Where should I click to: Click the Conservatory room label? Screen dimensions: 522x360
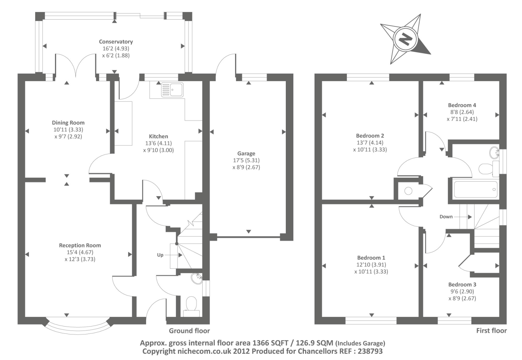point(116,42)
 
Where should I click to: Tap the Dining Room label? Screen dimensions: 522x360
point(68,123)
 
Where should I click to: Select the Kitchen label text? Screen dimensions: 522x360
point(159,136)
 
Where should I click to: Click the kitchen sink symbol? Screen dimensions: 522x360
point(172,90)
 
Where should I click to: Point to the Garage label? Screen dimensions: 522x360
point(246,153)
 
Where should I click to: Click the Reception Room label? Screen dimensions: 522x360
point(80,245)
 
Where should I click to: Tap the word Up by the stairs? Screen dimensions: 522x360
point(160,255)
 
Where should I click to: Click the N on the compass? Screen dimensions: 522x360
point(406,39)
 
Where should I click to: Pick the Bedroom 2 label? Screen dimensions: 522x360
point(370,136)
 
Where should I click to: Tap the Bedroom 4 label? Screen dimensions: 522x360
point(462,105)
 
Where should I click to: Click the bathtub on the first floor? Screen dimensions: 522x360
point(475,189)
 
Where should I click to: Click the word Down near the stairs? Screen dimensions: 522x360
point(446,217)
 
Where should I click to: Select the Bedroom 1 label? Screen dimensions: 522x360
point(371,258)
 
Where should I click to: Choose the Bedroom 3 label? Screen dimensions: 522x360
point(462,284)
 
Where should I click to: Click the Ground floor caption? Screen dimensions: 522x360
point(189,331)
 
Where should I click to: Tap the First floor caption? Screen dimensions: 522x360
point(491,331)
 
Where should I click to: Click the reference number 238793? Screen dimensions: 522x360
point(370,351)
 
